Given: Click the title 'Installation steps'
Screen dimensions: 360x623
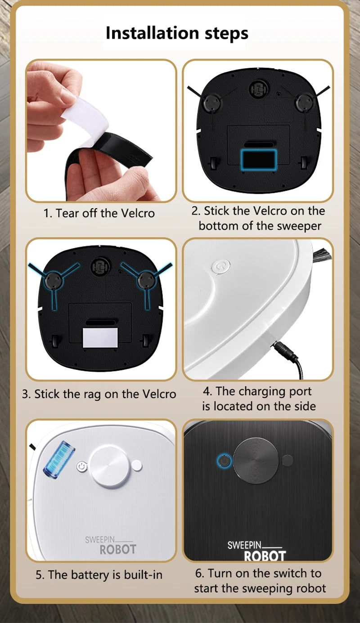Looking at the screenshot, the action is (x=177, y=33).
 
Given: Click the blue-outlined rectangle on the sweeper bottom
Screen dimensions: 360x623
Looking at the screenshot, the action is (x=259, y=159).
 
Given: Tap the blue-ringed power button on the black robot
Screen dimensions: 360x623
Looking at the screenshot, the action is (x=224, y=461).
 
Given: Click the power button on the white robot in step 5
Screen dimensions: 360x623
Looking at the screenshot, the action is (x=81, y=466).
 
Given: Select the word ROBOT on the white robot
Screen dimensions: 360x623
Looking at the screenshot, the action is (x=118, y=549).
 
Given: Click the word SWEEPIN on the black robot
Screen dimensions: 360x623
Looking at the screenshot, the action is (x=244, y=545).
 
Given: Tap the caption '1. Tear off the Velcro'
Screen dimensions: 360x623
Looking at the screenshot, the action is (x=99, y=213).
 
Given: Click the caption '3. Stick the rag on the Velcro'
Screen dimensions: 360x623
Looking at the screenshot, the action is (x=99, y=394).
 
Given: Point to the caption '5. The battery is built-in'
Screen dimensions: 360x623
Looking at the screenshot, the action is (x=99, y=574).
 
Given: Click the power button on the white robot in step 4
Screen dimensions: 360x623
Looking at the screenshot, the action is (x=221, y=267).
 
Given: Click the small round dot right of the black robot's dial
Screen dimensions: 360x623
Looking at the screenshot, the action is (x=288, y=460).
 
